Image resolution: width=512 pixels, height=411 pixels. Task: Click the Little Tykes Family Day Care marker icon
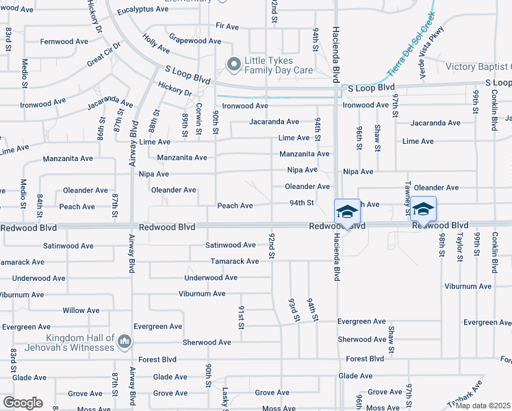point(234,64)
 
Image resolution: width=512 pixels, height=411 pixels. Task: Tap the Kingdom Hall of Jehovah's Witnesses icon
point(125,341)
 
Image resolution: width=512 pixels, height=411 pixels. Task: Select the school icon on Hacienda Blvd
point(347,212)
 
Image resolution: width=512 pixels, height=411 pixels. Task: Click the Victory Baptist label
point(478,66)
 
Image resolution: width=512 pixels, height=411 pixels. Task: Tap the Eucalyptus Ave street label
point(142,10)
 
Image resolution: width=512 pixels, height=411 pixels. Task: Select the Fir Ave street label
point(227,26)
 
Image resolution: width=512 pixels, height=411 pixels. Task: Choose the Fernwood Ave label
point(64,42)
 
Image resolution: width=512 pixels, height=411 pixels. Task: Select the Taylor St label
point(460,244)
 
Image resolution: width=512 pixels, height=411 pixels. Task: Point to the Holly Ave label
point(156,45)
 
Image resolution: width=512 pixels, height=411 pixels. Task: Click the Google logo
point(23,403)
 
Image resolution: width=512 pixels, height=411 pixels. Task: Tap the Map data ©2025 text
point(483,406)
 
